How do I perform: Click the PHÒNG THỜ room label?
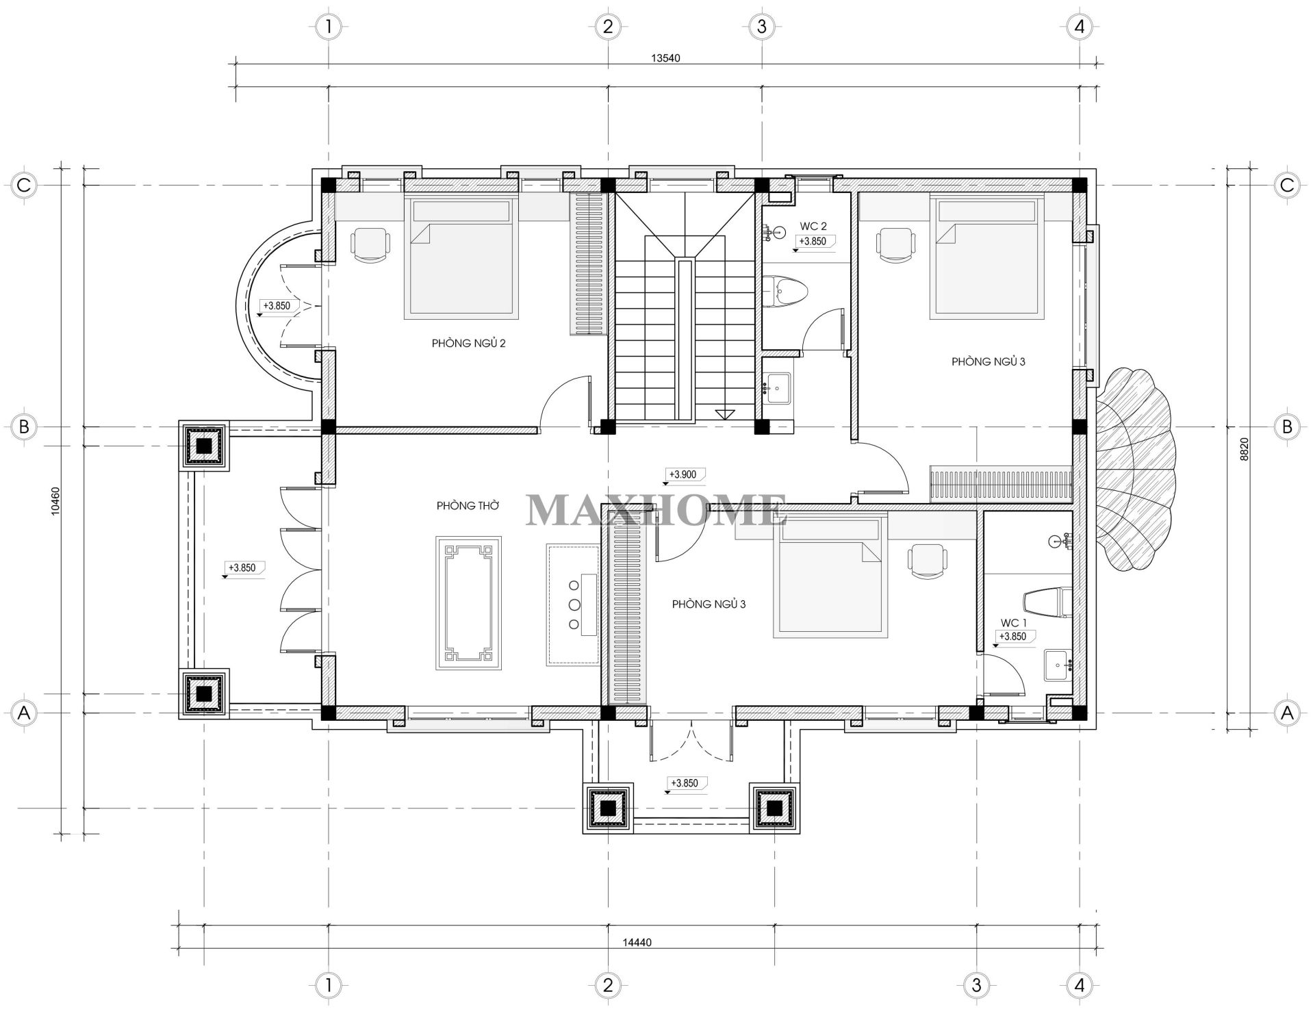pos(468,506)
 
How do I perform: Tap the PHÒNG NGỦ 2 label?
pos(468,343)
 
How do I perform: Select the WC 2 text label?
pos(813,227)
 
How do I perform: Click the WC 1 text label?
pos(1013,623)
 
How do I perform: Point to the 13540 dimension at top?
pos(665,58)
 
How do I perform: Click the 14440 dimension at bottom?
pos(637,942)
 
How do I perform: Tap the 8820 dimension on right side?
pos(1245,449)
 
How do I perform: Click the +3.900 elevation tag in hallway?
pos(682,474)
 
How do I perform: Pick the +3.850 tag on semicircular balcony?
pos(277,306)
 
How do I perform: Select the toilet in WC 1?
pos(1047,601)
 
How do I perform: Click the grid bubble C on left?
pos(24,185)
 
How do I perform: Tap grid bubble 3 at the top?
pos(761,27)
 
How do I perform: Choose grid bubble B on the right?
pos(1287,426)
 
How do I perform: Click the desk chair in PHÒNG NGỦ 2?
pos(371,245)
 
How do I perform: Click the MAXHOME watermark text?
pos(655,510)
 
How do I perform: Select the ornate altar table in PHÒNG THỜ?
pos(468,602)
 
